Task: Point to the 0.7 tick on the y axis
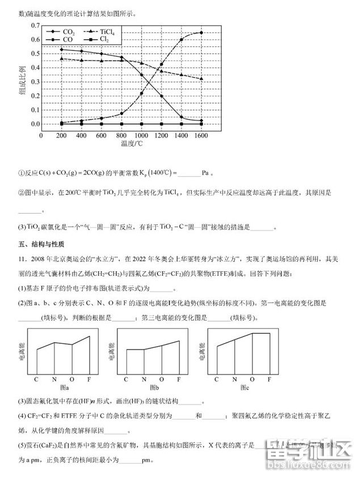tap(35, 26)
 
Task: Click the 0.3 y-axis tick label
tap(35, 82)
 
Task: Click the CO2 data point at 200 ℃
tap(61, 49)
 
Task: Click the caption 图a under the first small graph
tap(62, 387)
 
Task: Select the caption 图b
tap(153, 387)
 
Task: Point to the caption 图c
tap(244, 387)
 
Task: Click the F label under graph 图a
tap(89, 378)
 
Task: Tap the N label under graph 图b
tap(144, 378)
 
